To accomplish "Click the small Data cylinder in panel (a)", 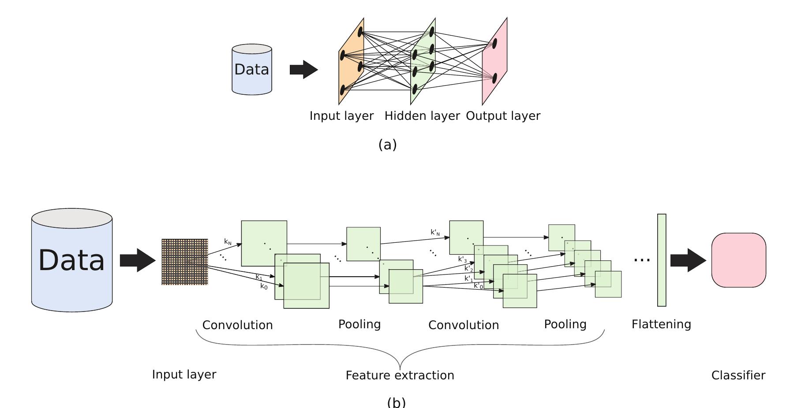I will tap(252, 70).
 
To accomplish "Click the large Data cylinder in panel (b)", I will tap(72, 260).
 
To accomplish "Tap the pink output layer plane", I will tap(495, 62).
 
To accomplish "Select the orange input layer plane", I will tap(351, 62).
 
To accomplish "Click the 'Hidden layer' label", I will tap(422, 116).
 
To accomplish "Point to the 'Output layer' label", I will tap(503, 116).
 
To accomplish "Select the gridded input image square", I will tap(185, 262).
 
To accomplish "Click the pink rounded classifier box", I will tap(738, 260).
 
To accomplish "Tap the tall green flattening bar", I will tap(662, 260).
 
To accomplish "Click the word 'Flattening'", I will tap(661, 324).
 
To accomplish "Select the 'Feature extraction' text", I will tap(400, 375).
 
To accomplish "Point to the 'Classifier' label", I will tap(738, 375).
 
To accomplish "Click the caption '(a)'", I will tap(388, 145).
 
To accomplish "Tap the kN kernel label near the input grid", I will tap(228, 242).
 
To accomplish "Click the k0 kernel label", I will tap(264, 286).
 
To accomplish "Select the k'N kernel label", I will tap(435, 232).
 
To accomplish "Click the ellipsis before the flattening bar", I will tap(642, 260).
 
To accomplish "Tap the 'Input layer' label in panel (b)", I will tap(184, 375).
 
